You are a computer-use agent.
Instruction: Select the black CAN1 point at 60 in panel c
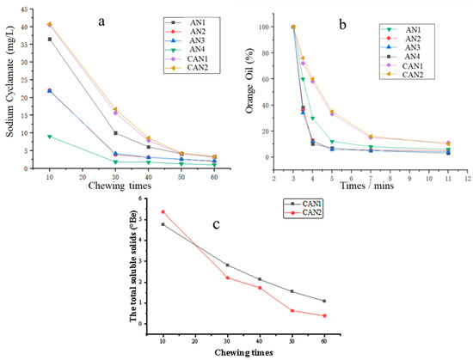coord(324,301)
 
